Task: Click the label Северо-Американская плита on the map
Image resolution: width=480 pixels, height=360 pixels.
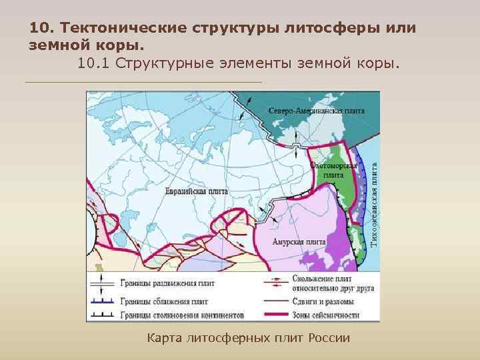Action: (x=316, y=110)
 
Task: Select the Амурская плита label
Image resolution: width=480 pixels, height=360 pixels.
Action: (x=303, y=241)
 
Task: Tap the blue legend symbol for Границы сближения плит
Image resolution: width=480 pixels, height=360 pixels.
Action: (x=99, y=301)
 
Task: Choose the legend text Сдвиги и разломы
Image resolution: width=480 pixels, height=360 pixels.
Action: (x=323, y=301)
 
